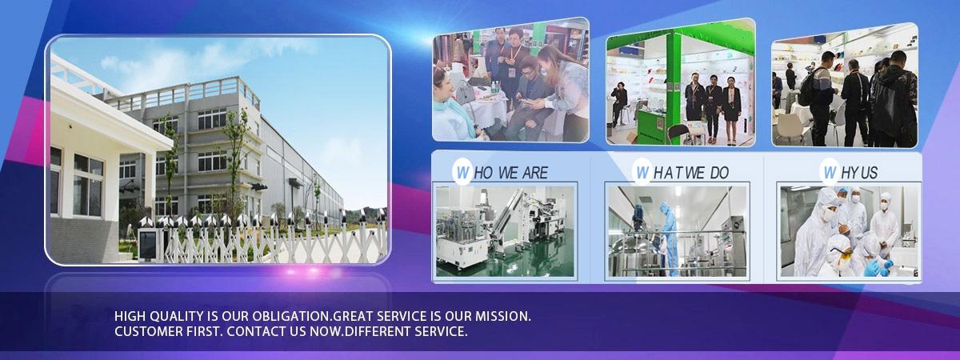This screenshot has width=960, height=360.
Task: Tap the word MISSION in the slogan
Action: click(502, 316)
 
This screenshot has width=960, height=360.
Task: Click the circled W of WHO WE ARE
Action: click(462, 173)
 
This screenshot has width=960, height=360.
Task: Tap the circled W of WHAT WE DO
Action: click(642, 173)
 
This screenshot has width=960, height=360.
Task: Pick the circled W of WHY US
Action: click(830, 173)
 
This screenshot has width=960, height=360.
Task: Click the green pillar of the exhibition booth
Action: click(673, 88)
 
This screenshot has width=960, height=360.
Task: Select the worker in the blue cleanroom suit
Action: click(669, 238)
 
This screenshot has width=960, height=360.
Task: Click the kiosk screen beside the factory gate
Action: click(148, 245)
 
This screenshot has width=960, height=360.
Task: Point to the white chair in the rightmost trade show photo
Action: click(789, 128)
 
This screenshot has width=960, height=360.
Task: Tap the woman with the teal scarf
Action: click(454, 107)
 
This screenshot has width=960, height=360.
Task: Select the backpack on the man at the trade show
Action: click(806, 91)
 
